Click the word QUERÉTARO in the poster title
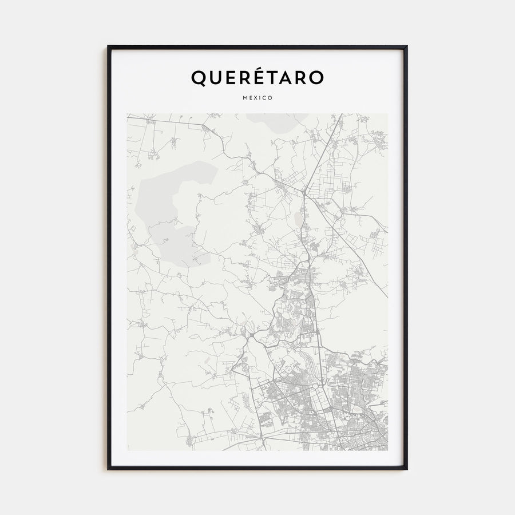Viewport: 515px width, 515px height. (257, 78)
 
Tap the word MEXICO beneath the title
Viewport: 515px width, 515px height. (257, 98)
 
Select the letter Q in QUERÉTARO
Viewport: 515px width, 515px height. (198, 78)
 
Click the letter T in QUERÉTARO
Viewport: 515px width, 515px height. (265, 78)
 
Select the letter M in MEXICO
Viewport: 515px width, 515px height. (244, 98)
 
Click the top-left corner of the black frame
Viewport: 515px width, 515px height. (108, 46)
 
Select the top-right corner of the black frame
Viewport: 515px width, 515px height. (406, 46)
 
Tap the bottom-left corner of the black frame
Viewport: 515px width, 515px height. (108, 469)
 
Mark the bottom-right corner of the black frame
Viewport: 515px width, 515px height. (406, 469)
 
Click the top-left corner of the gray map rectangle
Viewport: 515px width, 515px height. (128, 114)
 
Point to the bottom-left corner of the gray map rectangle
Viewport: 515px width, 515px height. (128, 450)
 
